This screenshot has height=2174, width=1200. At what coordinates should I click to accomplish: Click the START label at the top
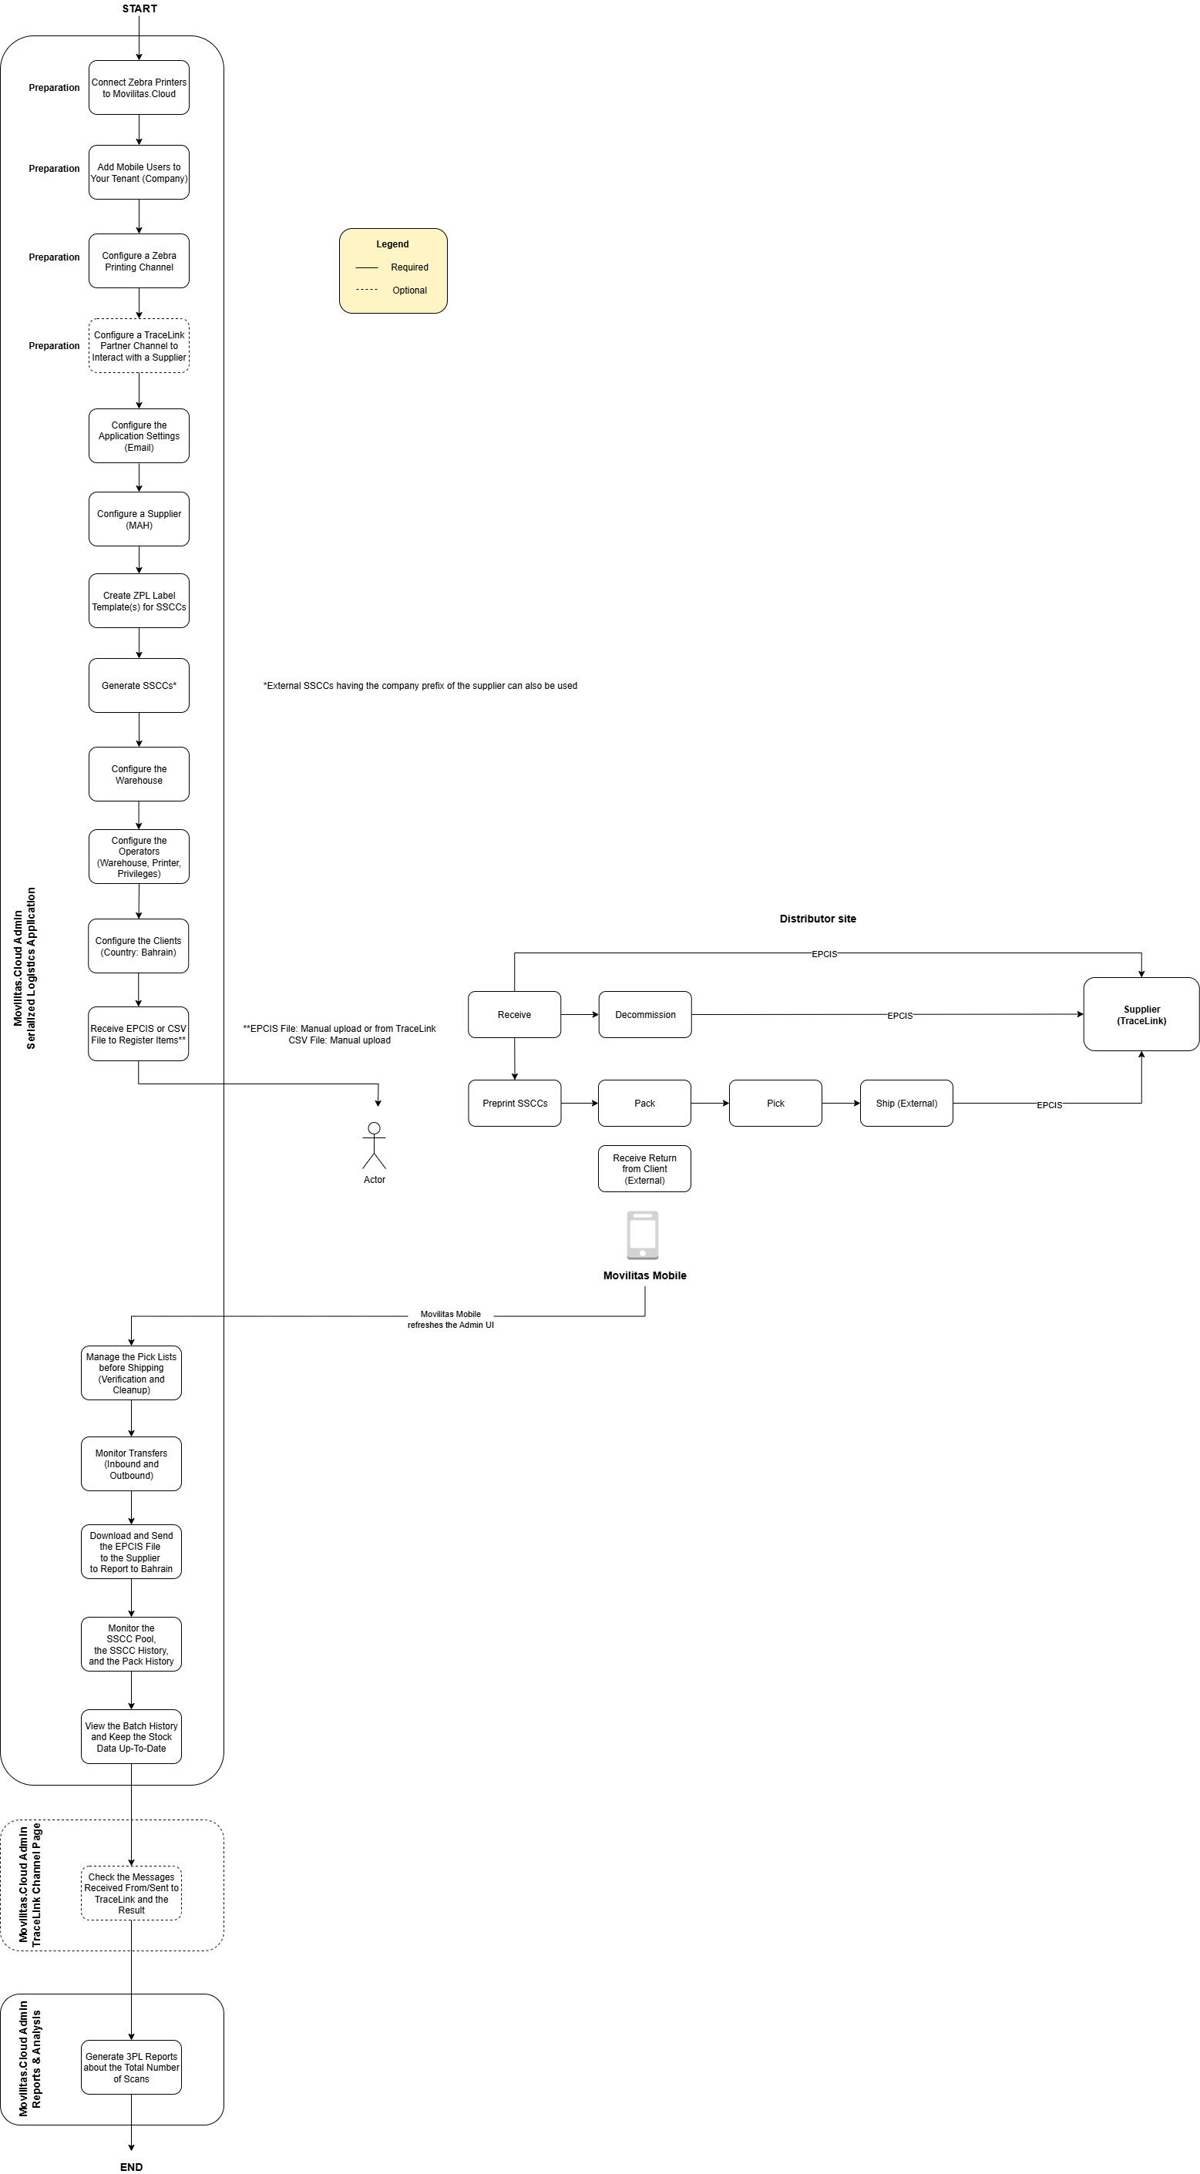point(139,8)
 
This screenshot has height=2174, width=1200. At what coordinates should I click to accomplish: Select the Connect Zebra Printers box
point(139,88)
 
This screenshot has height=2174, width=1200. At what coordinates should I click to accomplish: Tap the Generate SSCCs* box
point(139,685)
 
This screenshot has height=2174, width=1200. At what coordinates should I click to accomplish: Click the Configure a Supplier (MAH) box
point(139,519)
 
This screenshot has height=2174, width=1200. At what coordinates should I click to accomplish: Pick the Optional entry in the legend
point(409,291)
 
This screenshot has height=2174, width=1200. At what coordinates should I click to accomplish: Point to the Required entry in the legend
point(409,267)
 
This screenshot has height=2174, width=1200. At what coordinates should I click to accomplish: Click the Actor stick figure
point(374,1146)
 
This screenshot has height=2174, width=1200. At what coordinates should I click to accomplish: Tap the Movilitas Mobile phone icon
point(643,1235)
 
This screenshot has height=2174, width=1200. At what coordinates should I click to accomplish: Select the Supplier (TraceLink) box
point(1141,1014)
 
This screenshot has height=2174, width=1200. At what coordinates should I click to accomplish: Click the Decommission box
point(645,1014)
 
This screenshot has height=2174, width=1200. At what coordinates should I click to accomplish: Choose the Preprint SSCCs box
point(515,1103)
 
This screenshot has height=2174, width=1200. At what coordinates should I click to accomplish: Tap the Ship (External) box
point(906,1103)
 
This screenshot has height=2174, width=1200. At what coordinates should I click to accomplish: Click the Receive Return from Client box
point(645,1169)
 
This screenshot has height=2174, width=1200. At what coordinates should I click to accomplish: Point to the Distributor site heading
point(817,919)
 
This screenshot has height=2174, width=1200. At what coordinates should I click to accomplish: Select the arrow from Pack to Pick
point(710,1103)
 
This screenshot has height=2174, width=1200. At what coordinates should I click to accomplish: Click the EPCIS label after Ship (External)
point(1049,1106)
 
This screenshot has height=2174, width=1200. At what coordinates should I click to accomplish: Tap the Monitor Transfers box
point(132,1463)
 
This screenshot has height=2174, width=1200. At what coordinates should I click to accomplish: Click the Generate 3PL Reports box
point(132,2068)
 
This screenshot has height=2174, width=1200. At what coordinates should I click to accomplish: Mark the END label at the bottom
point(132,2167)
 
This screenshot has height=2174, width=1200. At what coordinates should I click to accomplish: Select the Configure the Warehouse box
point(139,774)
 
